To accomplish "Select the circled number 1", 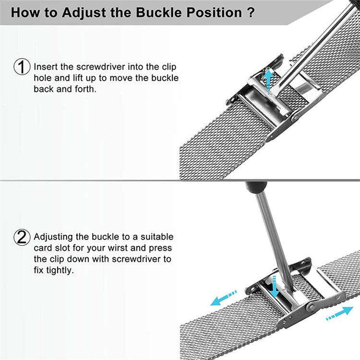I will click(22, 67).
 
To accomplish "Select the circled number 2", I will click(22, 237).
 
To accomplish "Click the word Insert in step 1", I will click(46, 67).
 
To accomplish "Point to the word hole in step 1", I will click(42, 78).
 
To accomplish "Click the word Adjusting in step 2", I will click(53, 237).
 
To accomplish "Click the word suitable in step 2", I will click(155, 237).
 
